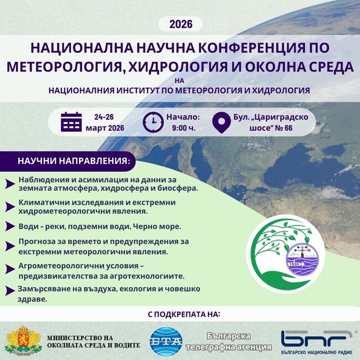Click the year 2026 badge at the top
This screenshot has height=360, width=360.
181,24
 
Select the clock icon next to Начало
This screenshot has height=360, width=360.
153,122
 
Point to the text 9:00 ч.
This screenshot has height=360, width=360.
183,128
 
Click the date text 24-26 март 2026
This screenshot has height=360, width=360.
105,122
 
